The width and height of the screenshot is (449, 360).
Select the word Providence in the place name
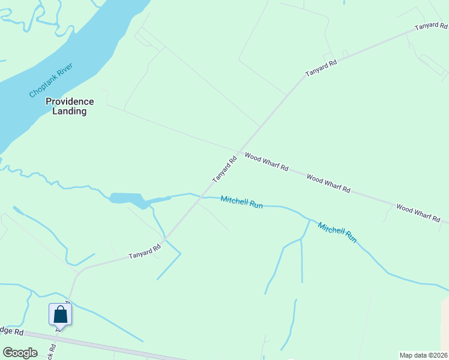(70, 101)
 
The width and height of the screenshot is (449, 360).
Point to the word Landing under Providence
(70, 111)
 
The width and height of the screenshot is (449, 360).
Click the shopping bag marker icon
(60, 314)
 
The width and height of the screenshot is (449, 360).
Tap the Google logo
(20, 353)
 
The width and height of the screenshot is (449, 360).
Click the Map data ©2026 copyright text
(423, 355)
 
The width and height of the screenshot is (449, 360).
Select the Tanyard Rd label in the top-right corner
(432, 27)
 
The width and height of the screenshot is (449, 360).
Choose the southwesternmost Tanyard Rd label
(145, 251)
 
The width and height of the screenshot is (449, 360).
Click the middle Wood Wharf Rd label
(328, 182)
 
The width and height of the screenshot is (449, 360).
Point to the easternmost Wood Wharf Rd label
(418, 212)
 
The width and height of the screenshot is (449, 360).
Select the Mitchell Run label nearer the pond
(241, 202)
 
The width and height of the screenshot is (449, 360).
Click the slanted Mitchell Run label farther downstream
(337, 233)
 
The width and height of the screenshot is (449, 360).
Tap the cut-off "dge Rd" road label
(12, 331)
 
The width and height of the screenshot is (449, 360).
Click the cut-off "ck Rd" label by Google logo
(53, 350)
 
